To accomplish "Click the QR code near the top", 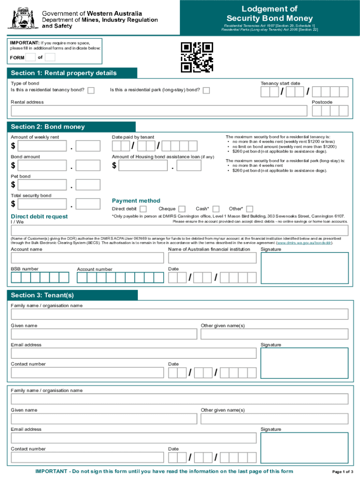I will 197,58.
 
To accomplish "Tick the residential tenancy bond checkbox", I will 91,90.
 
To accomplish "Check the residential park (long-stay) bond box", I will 206,90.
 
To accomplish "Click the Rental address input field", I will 159,110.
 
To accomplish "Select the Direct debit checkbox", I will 143,209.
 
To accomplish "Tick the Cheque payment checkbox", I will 182,209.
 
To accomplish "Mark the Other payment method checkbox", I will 250,209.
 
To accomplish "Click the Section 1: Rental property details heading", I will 64,73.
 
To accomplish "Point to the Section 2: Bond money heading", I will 48,127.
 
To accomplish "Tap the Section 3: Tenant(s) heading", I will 43,295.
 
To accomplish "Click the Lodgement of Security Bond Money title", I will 270,14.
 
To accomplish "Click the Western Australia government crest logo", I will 22,19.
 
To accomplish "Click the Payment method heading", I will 136,201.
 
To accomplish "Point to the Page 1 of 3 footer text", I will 342,471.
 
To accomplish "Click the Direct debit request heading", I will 39,217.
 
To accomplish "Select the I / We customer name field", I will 180,230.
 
